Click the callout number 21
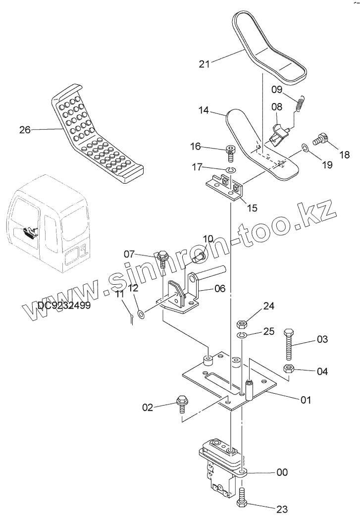click(x=205, y=63)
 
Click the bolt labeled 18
click(x=322, y=138)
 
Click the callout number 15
click(x=252, y=208)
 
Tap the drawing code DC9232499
click(x=64, y=306)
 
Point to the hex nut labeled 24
click(x=242, y=324)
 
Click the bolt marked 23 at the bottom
click(x=242, y=497)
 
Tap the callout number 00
click(x=282, y=472)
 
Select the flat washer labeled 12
click(x=141, y=313)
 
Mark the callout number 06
click(x=219, y=289)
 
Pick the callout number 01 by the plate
click(x=307, y=399)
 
